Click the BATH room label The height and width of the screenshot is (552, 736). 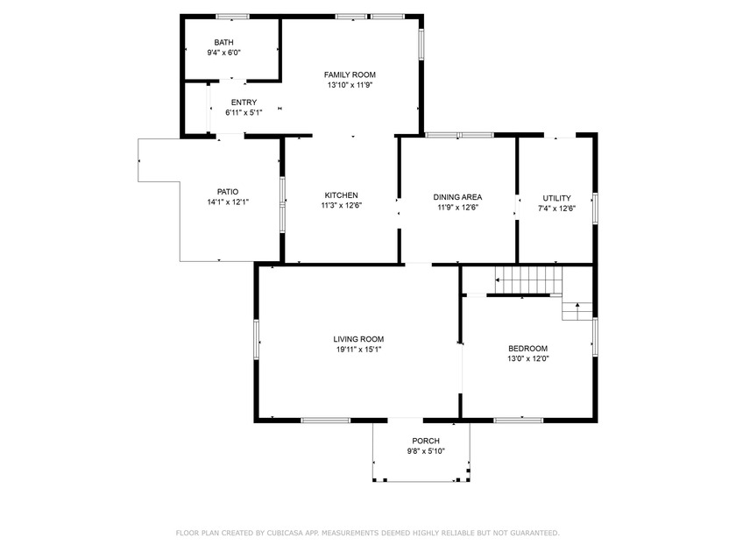[224, 42]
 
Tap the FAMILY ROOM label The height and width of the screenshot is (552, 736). [350, 74]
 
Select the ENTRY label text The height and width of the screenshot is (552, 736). [244, 103]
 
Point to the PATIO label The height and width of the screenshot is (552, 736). [228, 192]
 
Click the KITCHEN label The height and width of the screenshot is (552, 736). [341, 195]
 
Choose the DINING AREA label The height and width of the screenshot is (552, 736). [457, 197]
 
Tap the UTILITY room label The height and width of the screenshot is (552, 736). [556, 198]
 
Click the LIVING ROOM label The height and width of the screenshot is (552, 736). [358, 339]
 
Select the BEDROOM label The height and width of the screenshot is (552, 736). [528, 349]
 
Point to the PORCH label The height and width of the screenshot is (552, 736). [426, 441]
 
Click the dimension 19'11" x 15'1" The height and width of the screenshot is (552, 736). [358, 350]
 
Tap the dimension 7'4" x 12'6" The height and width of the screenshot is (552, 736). [556, 209]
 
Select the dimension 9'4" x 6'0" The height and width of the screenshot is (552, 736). [224, 53]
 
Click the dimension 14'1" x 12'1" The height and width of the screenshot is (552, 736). [228, 202]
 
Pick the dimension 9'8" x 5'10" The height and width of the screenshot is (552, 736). [426, 451]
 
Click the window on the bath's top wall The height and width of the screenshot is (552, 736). [233, 17]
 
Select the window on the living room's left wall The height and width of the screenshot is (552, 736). [256, 339]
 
